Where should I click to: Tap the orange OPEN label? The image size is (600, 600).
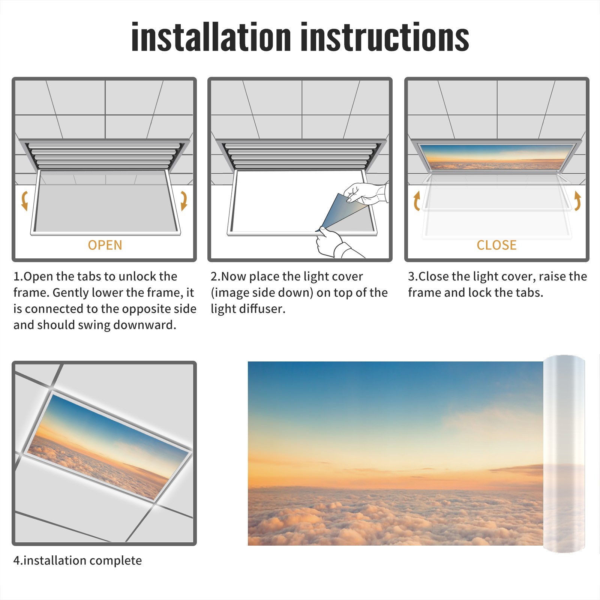(105, 245)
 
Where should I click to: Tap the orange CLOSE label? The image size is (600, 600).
(496, 245)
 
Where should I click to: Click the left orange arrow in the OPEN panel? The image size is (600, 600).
(25, 201)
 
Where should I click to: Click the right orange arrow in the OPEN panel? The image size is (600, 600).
(184, 201)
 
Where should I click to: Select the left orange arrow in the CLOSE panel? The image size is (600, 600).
(417, 201)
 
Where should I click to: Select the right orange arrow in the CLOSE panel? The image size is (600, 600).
(577, 201)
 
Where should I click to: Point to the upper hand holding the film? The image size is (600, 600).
(366, 194)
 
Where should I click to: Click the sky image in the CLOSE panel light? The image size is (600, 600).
(497, 157)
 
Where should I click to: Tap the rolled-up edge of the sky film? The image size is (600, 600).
(564, 454)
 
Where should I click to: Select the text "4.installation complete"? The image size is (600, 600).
(78, 561)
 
